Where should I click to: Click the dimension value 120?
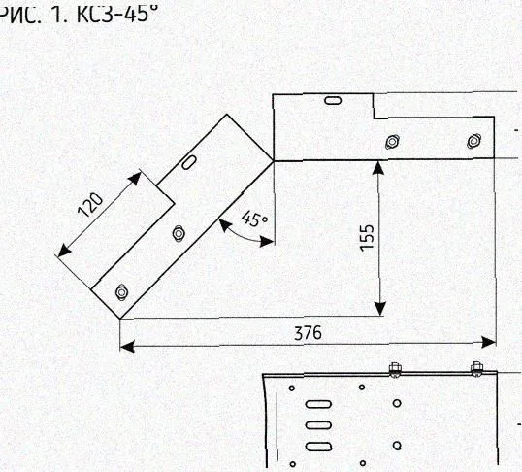click(x=90, y=205)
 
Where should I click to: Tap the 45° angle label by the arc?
click(x=255, y=219)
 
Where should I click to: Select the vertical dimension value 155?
click(x=367, y=237)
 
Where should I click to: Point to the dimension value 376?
click(x=309, y=333)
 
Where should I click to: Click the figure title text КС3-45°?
click(x=116, y=14)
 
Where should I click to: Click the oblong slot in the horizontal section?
click(x=333, y=100)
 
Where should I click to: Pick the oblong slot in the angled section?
click(x=189, y=162)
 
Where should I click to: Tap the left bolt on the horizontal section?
click(x=392, y=142)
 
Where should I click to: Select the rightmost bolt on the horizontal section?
click(x=473, y=141)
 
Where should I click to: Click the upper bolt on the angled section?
click(x=179, y=233)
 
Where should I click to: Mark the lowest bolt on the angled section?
click(x=121, y=292)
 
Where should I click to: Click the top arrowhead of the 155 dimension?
click(x=378, y=167)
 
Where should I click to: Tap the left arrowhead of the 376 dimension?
click(x=127, y=347)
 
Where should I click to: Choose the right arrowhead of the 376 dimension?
click(x=489, y=342)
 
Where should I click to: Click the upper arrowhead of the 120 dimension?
click(x=135, y=179)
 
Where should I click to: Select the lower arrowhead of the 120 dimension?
click(x=64, y=251)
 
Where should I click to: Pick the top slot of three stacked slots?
click(x=318, y=404)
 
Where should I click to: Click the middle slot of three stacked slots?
click(x=318, y=425)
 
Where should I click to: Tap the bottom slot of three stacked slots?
click(x=318, y=447)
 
